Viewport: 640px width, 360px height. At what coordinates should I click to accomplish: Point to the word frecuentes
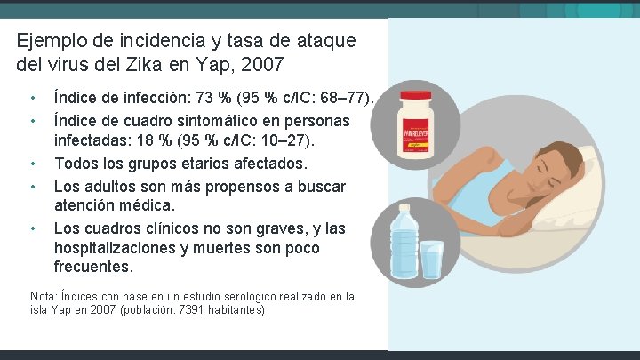tap(93, 268)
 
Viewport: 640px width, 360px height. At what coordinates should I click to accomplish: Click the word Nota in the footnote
tap(42, 297)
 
